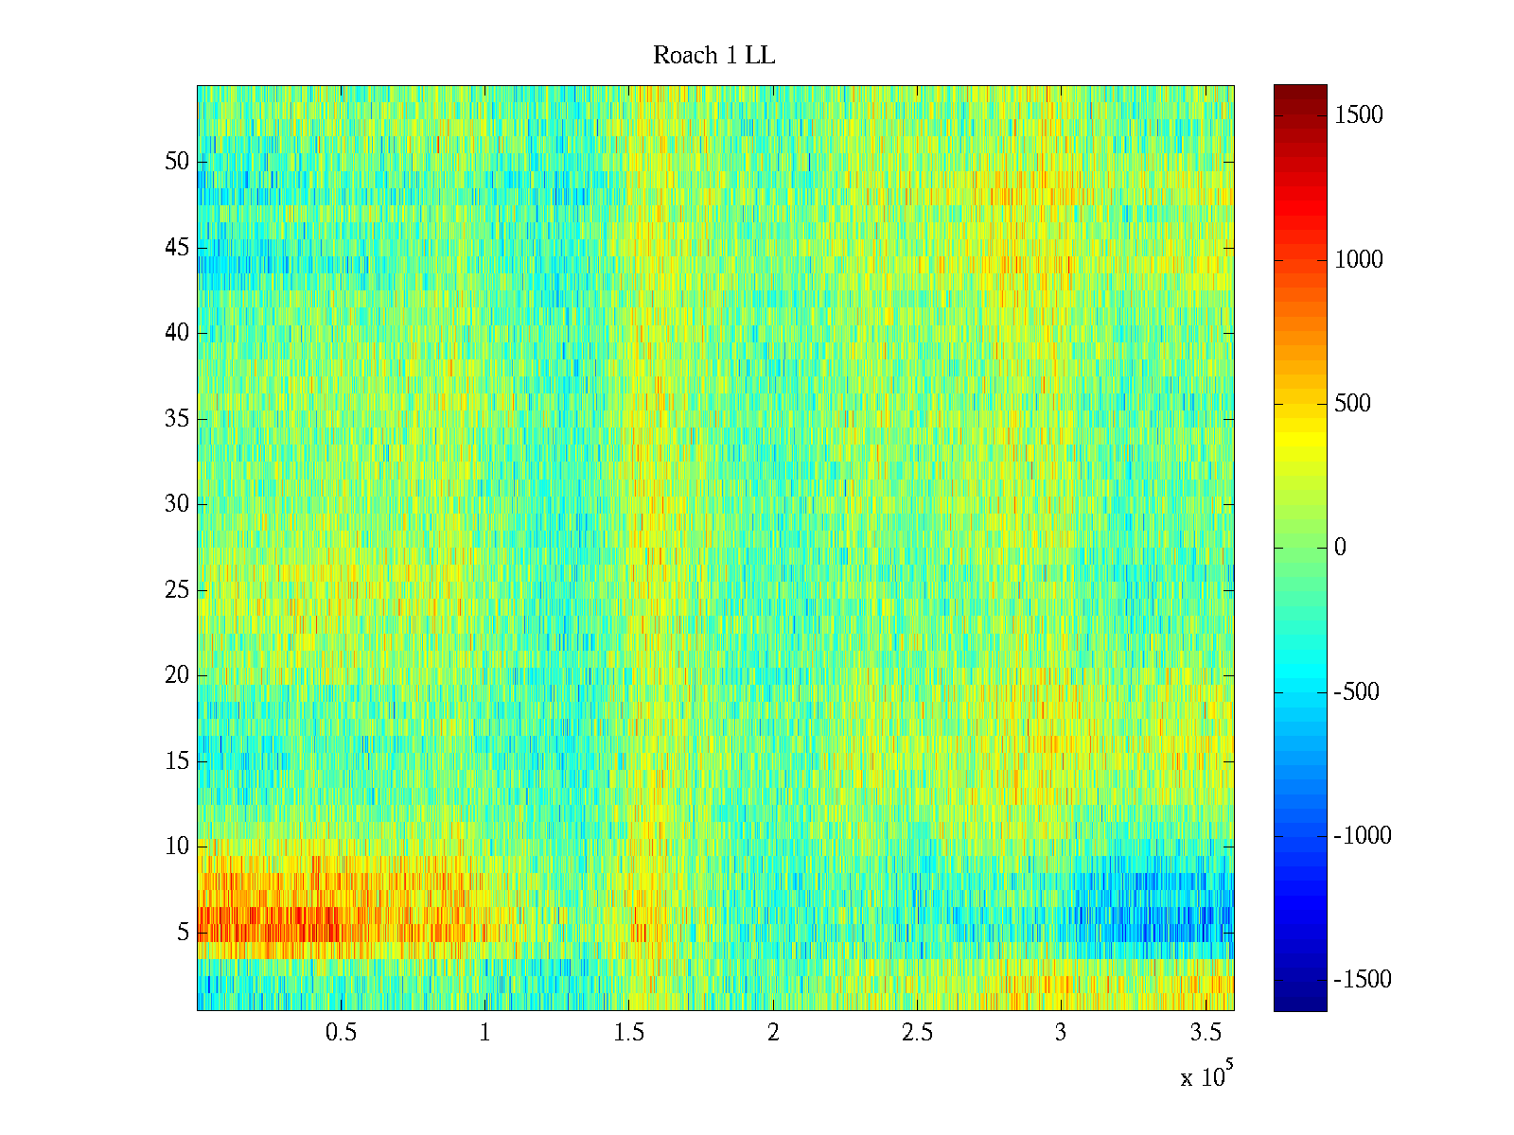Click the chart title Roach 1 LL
tap(713, 56)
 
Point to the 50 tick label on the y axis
tap(177, 162)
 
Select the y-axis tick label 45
tap(177, 248)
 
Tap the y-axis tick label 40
tap(177, 333)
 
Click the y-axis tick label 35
tap(177, 419)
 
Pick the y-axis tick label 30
tap(177, 504)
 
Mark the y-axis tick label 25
tap(177, 590)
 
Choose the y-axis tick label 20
tap(177, 675)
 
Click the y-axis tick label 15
tap(177, 761)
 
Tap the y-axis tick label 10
tap(177, 847)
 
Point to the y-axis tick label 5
tap(183, 933)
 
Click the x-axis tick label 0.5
tap(341, 1033)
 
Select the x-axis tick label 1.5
tap(628, 1033)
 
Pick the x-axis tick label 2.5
tap(917, 1033)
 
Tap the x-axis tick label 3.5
tap(1205, 1033)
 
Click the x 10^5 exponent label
tap(1206, 1076)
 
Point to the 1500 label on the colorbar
tap(1358, 115)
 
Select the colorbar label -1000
tap(1362, 835)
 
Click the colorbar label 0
tap(1340, 548)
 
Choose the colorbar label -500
tap(1356, 691)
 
